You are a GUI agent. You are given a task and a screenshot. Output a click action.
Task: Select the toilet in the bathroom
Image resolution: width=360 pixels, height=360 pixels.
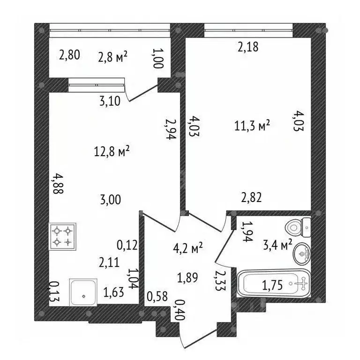click(298, 228)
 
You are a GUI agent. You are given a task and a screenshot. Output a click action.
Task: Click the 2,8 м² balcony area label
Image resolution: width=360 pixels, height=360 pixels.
click(112, 57)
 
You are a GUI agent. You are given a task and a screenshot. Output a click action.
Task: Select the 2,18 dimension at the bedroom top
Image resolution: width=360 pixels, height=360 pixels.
click(248, 47)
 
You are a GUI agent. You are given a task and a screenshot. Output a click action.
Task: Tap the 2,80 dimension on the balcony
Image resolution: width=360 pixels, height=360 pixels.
click(69, 55)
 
